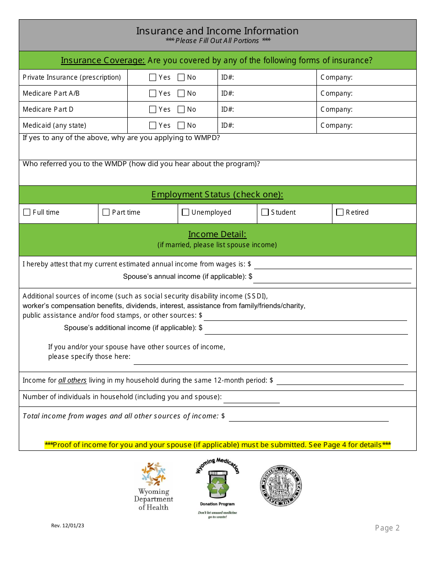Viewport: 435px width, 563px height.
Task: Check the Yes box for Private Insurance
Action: (x=153, y=78)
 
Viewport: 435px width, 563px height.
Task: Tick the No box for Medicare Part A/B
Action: (x=181, y=94)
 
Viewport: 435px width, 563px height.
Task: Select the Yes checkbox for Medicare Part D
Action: (x=153, y=110)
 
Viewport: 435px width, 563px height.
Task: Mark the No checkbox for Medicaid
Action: (x=181, y=126)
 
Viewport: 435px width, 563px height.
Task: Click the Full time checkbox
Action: (x=27, y=212)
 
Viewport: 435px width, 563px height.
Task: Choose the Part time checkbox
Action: (x=106, y=212)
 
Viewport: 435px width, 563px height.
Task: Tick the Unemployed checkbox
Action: (x=185, y=212)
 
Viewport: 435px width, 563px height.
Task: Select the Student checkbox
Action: (x=265, y=212)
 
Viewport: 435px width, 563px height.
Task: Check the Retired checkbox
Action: (x=340, y=212)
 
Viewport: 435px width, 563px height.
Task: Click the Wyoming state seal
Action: (x=281, y=486)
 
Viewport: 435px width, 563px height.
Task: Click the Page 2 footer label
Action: (x=387, y=528)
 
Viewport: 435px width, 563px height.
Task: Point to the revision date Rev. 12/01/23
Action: (x=68, y=526)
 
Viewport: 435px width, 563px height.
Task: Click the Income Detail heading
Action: (x=217, y=234)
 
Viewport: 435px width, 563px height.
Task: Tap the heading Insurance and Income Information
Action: (x=217, y=31)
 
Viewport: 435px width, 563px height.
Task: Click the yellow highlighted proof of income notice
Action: (x=217, y=445)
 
